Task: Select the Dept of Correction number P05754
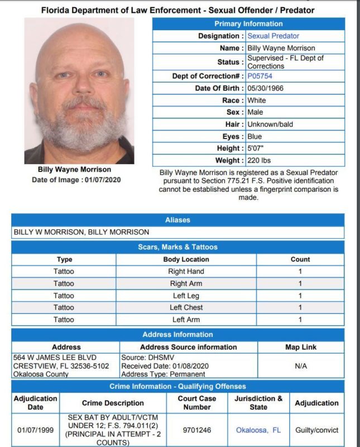pos(260,76)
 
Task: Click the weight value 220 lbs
pos(259,161)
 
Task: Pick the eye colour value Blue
pos(255,136)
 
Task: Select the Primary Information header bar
pos(248,24)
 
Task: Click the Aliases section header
pos(177,220)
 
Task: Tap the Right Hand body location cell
pos(186,272)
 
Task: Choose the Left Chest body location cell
pos(186,308)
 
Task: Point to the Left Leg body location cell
pos(186,296)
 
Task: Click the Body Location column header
pos(186,259)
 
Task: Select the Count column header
pos(300,259)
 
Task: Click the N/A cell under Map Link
pos(301,366)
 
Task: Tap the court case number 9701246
pos(196,430)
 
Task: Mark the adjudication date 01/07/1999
pos(35,430)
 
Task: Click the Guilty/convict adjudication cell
pos(316,430)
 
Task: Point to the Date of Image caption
pos(75,180)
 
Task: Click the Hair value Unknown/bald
pos(270,124)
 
